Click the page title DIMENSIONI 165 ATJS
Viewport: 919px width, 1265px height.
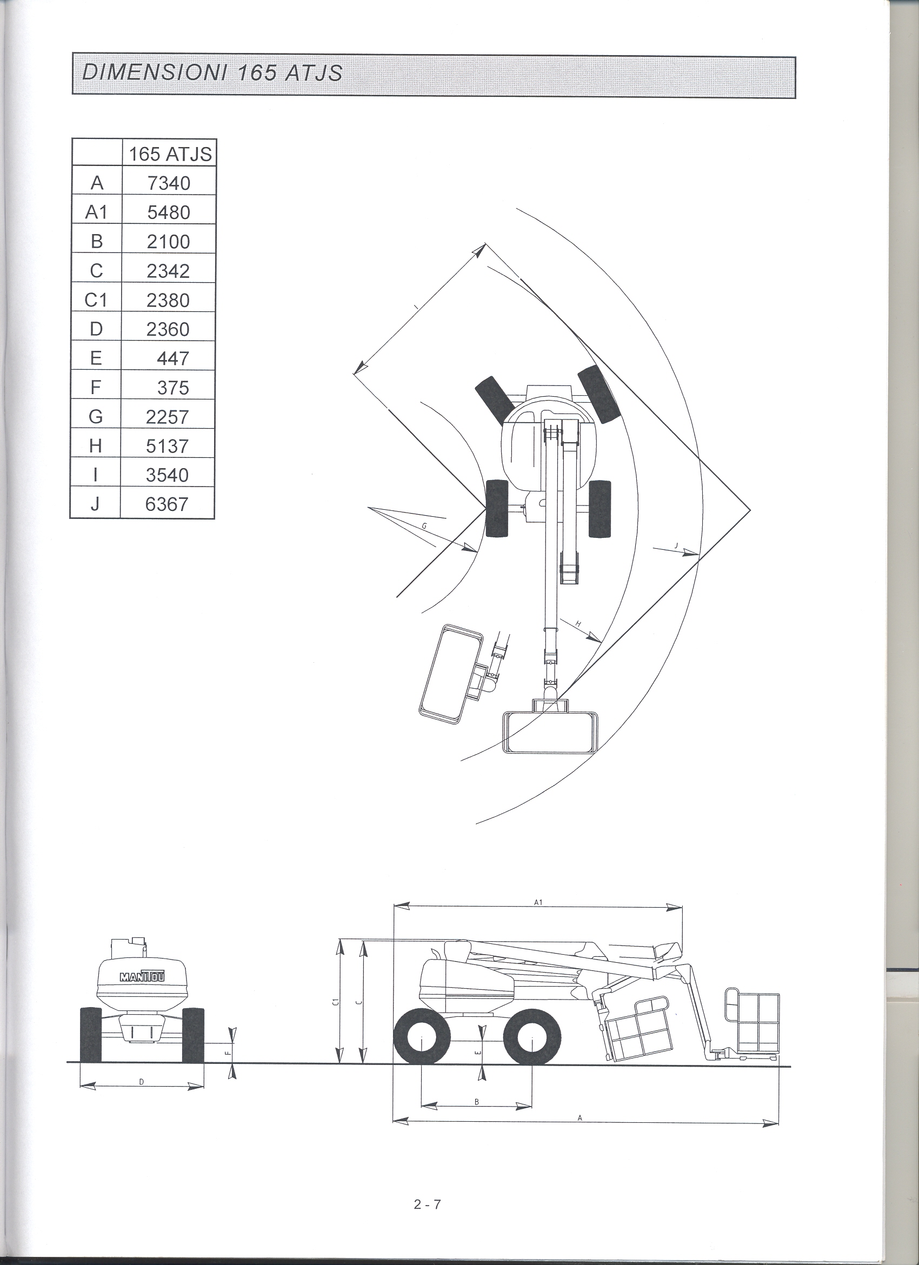(212, 73)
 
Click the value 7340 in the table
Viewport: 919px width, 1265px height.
(169, 183)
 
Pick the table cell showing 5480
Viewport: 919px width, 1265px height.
(169, 212)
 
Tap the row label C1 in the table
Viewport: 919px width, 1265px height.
(95, 300)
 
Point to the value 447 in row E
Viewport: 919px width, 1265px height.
(173, 358)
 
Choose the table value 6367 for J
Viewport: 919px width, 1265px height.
(167, 504)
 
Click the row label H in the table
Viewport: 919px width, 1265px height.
(95, 445)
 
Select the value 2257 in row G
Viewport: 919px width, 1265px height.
(167, 417)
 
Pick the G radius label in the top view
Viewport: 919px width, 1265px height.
(424, 526)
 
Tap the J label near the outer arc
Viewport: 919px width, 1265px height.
(676, 545)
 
